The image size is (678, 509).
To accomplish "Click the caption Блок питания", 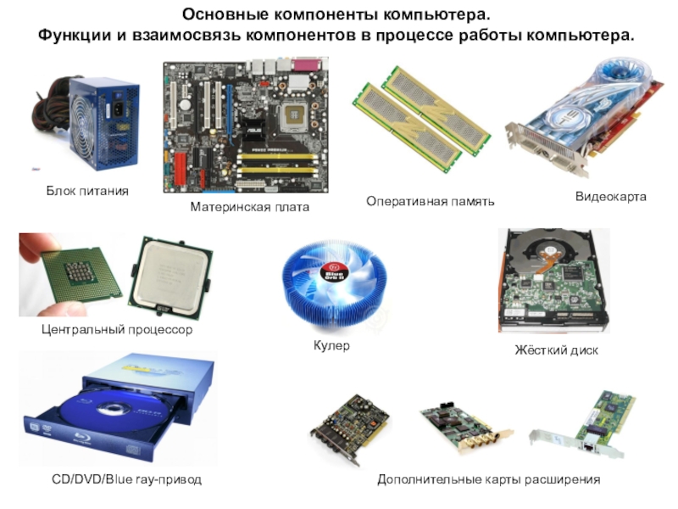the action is pos(87,191).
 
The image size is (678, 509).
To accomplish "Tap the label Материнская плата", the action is pos(249,207).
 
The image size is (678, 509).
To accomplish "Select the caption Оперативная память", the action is pos(430,201).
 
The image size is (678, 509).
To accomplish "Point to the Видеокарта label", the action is pos(610,197).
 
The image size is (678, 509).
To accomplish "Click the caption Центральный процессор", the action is pos(117,330).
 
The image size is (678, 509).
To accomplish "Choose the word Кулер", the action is pos(331,346).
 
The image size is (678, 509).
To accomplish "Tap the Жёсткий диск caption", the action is pos(556,350).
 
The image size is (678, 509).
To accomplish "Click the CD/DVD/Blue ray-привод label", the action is pos(126,479).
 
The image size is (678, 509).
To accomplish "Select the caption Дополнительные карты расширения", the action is pos(489,479).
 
